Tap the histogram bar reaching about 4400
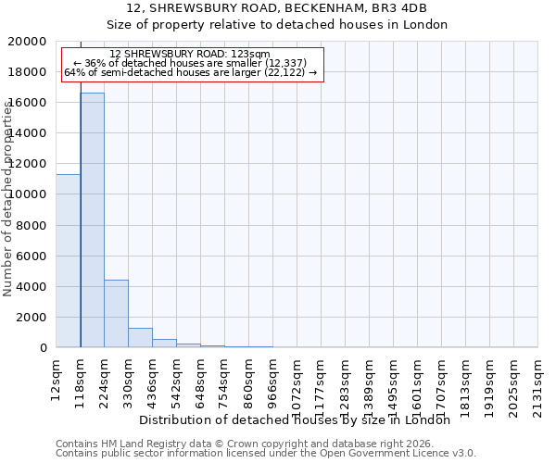(x=116, y=314)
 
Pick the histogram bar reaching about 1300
(x=140, y=338)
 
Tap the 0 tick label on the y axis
(x=44, y=348)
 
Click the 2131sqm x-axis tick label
(x=538, y=382)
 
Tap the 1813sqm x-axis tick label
(x=466, y=382)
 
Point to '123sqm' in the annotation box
(x=250, y=55)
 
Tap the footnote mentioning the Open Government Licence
(x=266, y=454)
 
